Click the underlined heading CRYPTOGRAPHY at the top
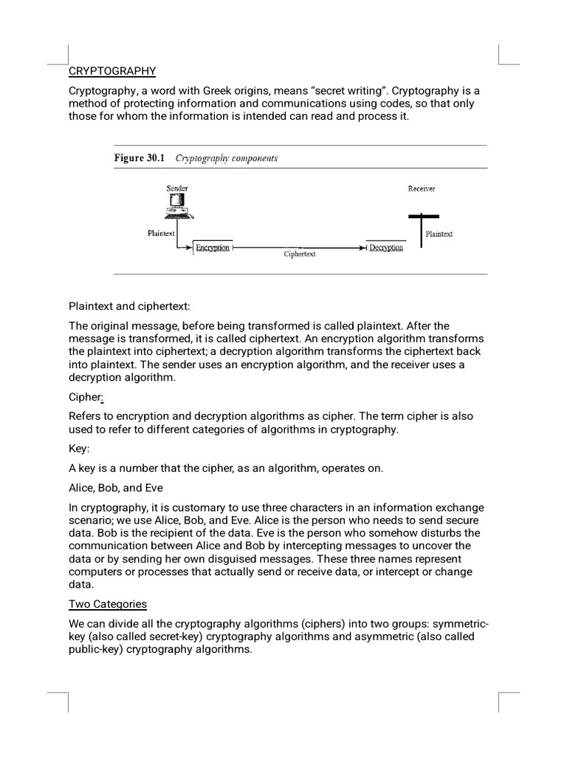[112, 71]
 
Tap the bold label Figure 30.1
[140, 158]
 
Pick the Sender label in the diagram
[177, 189]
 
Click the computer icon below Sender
[177, 206]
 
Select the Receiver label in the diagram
[422, 189]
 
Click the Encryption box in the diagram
[213, 248]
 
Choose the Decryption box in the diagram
[386, 248]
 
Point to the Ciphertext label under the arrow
[300, 254]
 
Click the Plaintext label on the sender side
[161, 234]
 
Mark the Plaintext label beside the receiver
[439, 234]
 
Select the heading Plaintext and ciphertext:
[129, 306]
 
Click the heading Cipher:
[86, 396]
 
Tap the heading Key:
[80, 449]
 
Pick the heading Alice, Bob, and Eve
[116, 487]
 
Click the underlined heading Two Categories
[108, 604]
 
